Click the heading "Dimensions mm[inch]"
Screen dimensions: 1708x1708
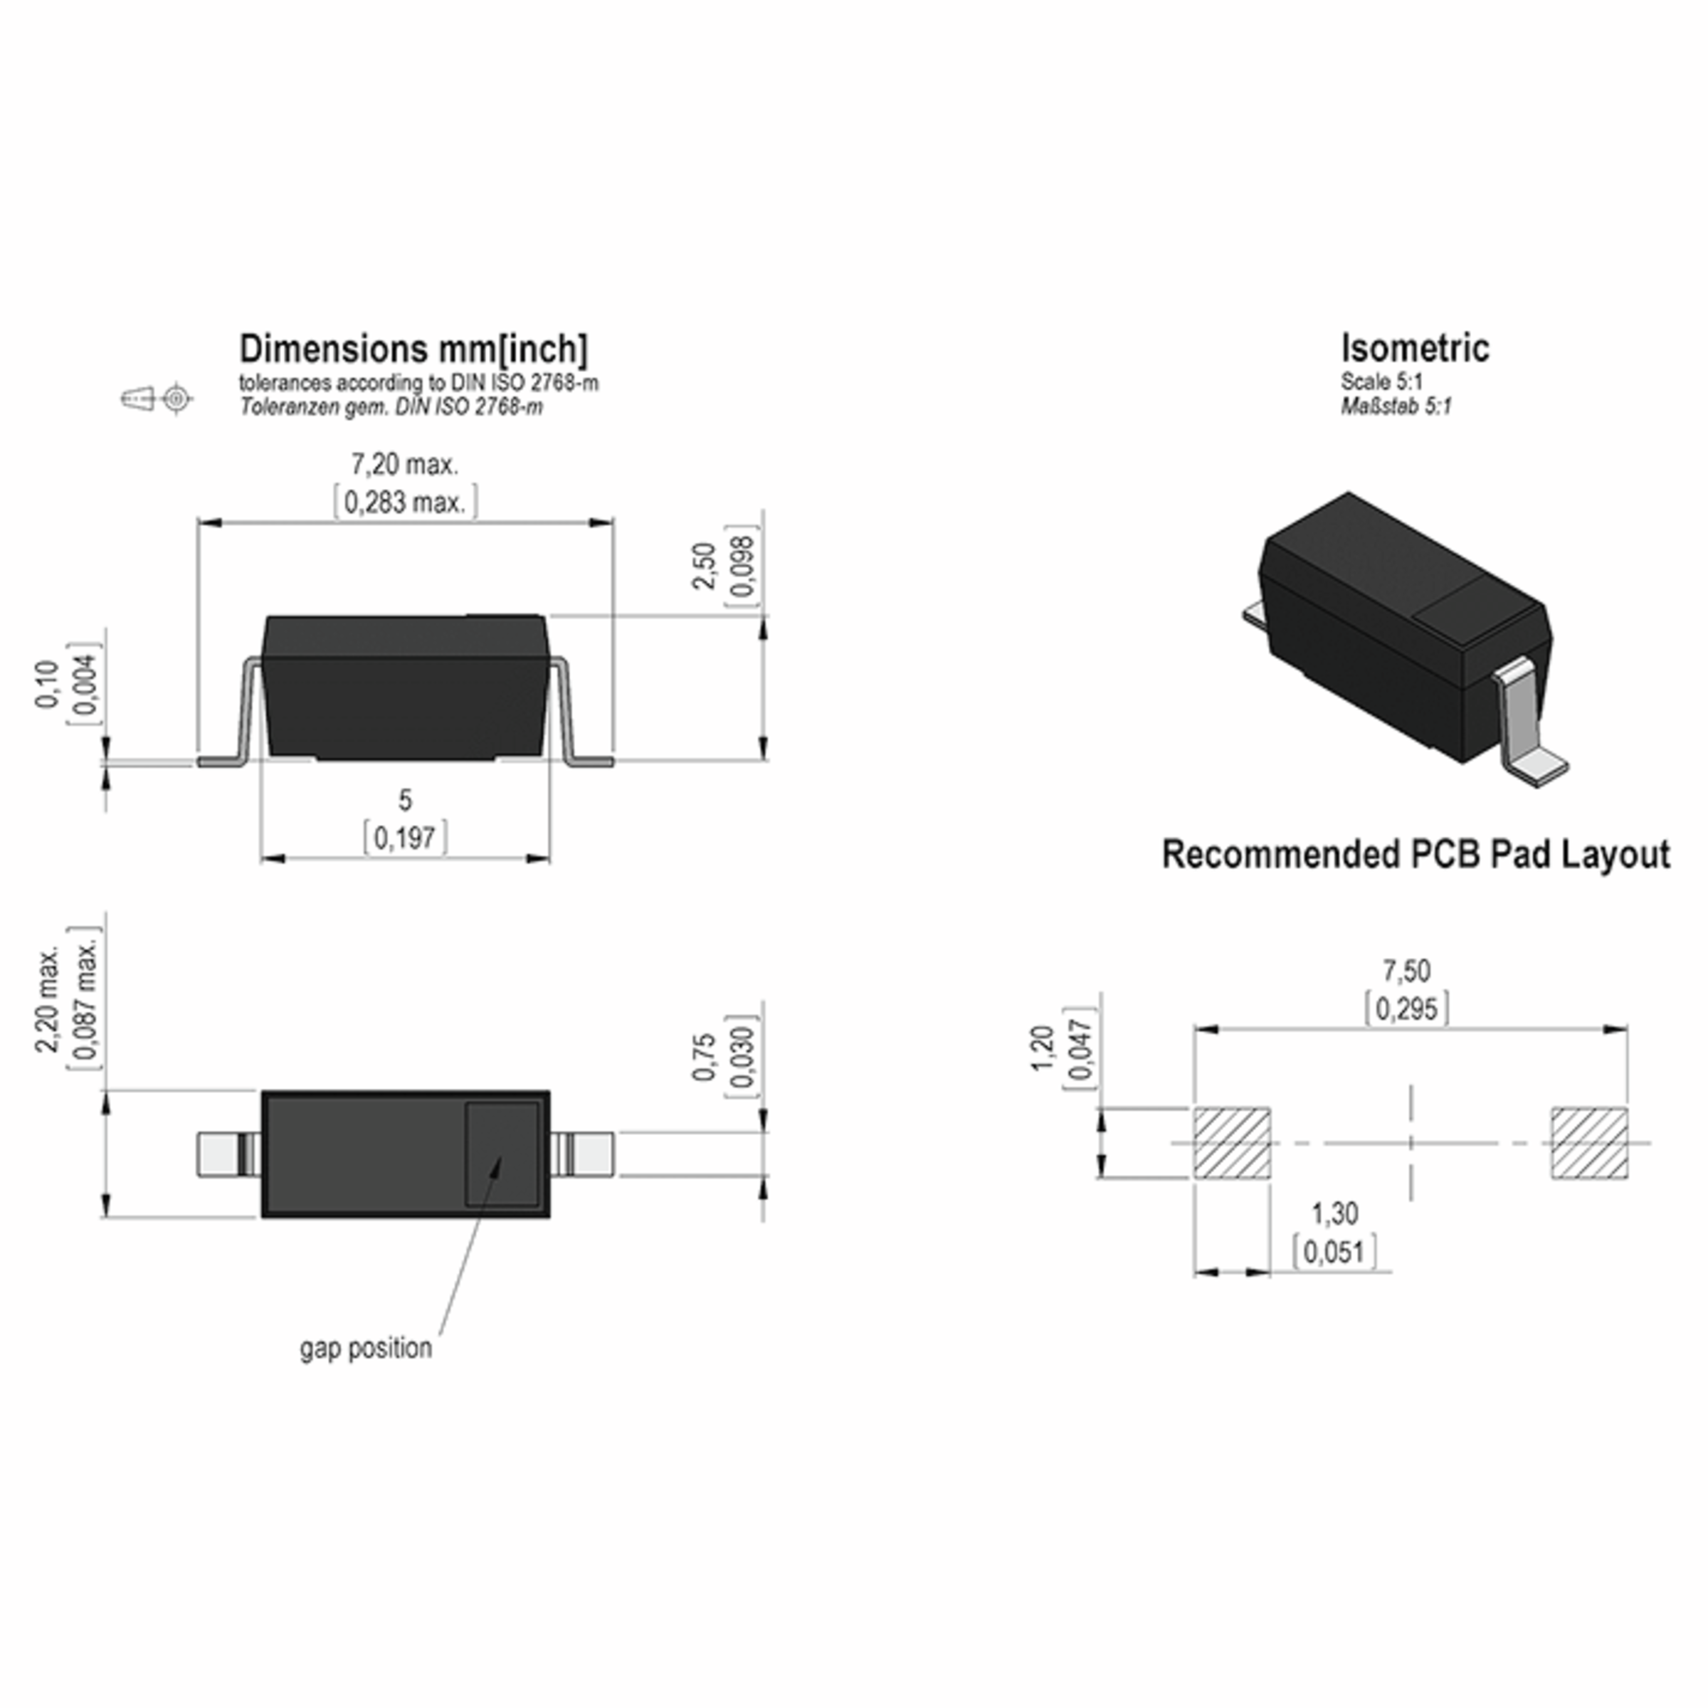click(413, 349)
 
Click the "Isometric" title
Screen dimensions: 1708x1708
click(1415, 348)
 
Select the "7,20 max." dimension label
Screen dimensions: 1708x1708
click(405, 464)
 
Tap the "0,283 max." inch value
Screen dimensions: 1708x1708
click(405, 503)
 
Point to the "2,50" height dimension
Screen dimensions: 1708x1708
click(704, 566)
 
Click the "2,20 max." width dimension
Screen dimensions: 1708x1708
click(48, 999)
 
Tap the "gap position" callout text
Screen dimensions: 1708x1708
click(366, 1348)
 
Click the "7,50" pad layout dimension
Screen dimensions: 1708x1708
click(1406, 971)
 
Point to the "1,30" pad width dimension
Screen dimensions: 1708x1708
click(1334, 1214)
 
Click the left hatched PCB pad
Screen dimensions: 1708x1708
click(1233, 1143)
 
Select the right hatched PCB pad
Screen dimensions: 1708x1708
click(1588, 1143)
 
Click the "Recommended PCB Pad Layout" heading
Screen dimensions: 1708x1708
click(1416, 855)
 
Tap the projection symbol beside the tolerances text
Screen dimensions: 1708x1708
click(157, 399)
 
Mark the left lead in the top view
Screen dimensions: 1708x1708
click(226, 1154)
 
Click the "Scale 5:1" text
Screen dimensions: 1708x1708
click(1381, 382)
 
